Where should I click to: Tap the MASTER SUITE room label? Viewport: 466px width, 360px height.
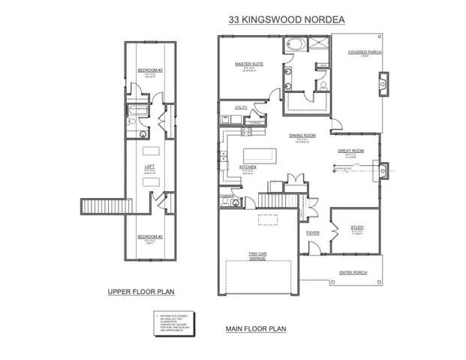click(245, 65)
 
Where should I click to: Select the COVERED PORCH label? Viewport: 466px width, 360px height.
click(363, 52)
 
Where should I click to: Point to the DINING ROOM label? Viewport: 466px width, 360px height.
click(302, 136)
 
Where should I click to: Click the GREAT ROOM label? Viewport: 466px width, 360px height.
click(350, 151)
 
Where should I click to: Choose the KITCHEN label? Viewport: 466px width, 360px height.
click(248, 166)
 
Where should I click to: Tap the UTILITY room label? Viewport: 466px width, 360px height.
click(240, 108)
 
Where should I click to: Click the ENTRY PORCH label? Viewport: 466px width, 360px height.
click(353, 272)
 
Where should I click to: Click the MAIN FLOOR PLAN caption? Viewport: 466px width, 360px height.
click(256, 328)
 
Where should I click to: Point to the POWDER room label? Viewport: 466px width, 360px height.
click(225, 197)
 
